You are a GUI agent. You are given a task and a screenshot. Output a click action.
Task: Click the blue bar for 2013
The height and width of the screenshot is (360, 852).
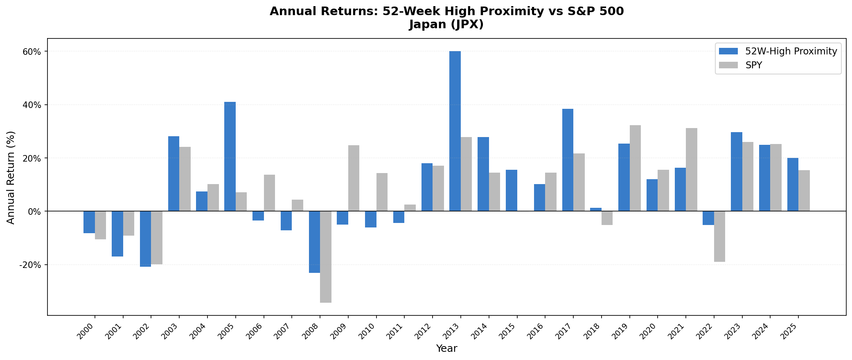coord(455,131)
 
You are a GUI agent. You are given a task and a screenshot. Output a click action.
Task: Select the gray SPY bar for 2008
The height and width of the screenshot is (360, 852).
coord(326,257)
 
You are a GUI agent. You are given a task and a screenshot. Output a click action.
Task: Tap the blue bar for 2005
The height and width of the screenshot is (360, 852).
coord(230,156)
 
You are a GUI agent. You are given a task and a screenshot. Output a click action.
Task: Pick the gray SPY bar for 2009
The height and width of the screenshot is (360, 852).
coord(354,178)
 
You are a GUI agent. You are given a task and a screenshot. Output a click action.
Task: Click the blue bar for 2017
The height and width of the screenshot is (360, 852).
coord(568,160)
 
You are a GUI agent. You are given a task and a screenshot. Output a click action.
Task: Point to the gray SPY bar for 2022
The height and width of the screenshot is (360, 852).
coord(719,236)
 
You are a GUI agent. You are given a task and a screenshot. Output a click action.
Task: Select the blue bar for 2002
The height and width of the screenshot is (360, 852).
coord(145,239)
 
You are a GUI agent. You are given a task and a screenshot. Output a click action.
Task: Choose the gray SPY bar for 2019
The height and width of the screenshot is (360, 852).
coord(635,168)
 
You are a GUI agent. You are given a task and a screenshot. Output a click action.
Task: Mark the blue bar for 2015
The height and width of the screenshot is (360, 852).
coord(511,190)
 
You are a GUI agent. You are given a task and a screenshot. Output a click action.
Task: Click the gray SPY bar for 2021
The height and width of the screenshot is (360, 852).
coord(692,169)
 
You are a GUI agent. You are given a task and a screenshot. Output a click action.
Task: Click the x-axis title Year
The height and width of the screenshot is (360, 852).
coord(446,349)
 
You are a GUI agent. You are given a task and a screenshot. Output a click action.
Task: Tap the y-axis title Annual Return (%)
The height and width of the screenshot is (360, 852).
coord(11,177)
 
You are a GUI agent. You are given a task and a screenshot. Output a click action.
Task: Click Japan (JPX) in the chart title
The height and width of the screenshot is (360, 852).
coord(446,25)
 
